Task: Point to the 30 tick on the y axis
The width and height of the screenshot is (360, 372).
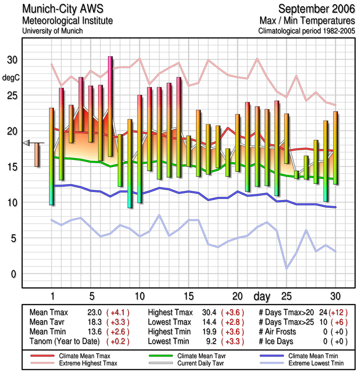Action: click(13, 60)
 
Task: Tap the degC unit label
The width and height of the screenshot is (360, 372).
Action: click(11, 78)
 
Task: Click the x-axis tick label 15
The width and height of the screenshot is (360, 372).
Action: click(188, 296)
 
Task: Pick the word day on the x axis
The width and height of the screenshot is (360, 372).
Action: click(263, 296)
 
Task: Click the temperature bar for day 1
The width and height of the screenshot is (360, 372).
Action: click(52, 156)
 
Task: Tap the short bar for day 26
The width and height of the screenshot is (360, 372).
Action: click(296, 174)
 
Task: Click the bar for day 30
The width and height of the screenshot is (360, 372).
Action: click(335, 148)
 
